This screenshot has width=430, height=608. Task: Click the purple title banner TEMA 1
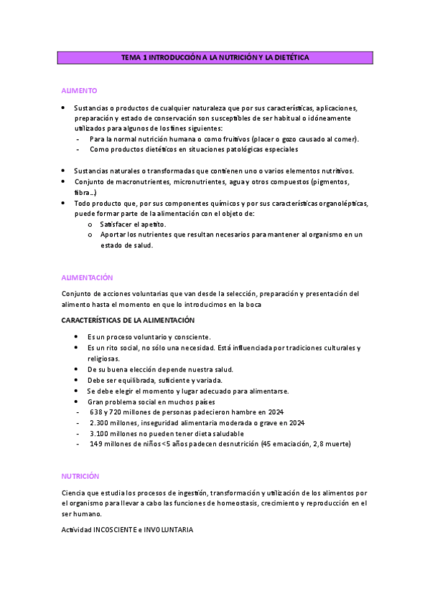pos(215,57)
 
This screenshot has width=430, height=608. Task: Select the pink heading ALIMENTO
pos(79,91)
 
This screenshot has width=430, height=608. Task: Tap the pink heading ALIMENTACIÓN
pos(87,277)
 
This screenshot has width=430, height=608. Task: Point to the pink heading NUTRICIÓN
pos(80,476)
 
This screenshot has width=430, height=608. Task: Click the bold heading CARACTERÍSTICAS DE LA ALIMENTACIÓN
pos(128,320)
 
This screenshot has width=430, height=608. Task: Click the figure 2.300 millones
pos(113,423)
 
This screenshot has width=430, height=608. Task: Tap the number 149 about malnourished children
pos(97,444)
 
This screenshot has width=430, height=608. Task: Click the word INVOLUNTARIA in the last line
pos(169,529)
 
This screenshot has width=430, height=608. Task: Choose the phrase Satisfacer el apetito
pos(133,224)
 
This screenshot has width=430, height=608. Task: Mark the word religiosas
pos(103,358)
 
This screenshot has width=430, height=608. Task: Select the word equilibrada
pos(137,380)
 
